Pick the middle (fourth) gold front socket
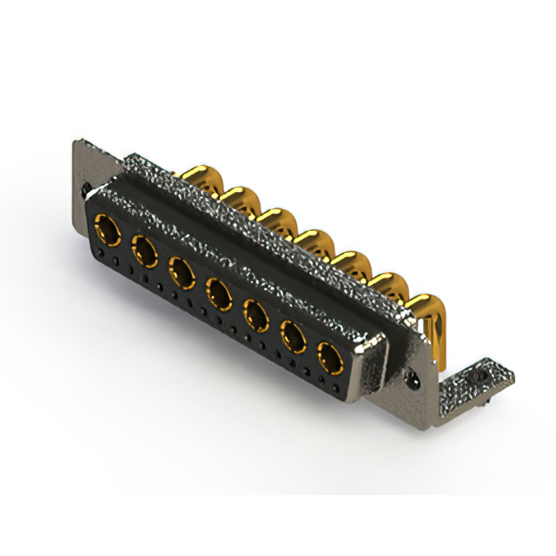[219, 294]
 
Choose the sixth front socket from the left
[294, 336]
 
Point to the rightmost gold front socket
[330, 357]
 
